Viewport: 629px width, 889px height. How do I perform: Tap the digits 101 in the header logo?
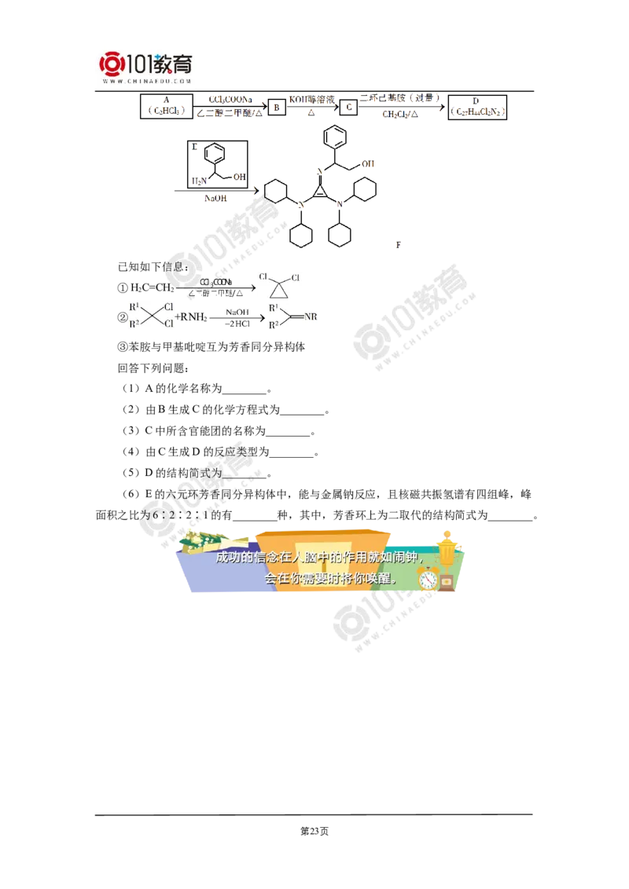coord(140,63)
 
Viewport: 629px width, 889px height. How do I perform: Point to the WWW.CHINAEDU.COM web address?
coord(147,81)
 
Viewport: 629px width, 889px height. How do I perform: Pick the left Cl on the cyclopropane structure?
coord(264,277)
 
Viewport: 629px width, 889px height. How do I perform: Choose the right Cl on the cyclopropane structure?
coord(292,277)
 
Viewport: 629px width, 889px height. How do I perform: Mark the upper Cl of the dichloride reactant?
coord(168,305)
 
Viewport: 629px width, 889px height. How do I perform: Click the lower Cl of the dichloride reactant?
coord(168,322)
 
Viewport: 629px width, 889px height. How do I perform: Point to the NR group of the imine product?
coord(310,316)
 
